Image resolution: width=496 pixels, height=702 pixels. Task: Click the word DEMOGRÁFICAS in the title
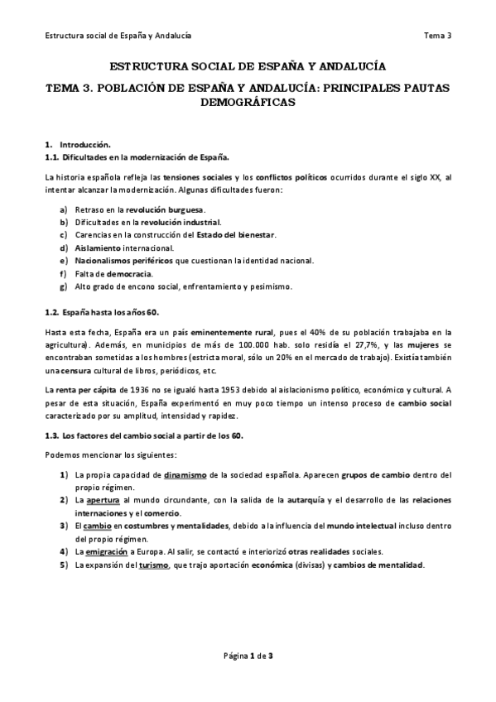coord(248,103)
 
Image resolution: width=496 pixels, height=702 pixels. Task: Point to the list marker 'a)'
coord(64,209)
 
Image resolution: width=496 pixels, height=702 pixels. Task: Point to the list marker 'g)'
coord(64,287)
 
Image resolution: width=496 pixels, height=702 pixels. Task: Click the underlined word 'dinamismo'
coord(185,475)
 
